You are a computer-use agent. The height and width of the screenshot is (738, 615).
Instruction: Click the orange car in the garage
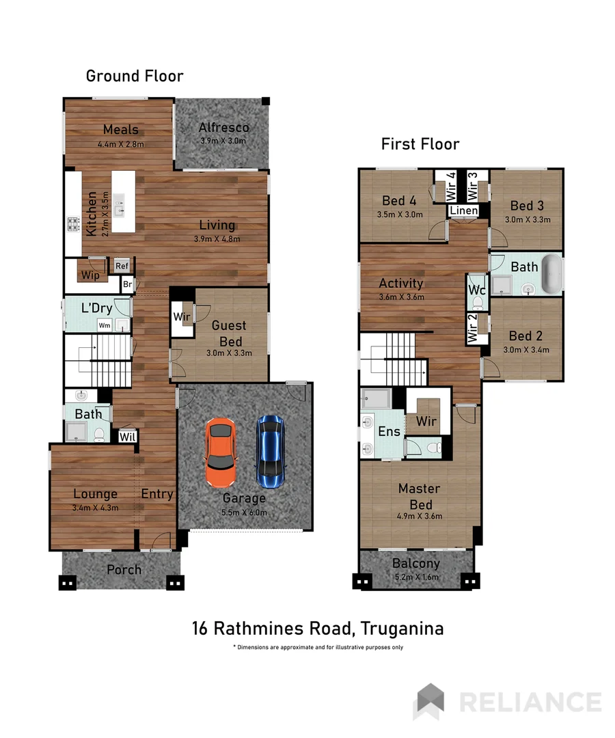pos(221,453)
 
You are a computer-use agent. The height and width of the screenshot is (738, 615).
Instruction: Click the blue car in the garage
pos(271,452)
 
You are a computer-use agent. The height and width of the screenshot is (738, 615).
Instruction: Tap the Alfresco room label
pos(223,128)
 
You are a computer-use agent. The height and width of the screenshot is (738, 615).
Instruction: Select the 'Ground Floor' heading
pos(135,76)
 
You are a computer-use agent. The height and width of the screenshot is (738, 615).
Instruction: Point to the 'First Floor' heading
pos(420,144)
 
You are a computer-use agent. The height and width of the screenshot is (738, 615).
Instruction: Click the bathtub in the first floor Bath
pos(551,274)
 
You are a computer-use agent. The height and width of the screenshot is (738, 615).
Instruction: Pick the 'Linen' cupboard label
pos(464,210)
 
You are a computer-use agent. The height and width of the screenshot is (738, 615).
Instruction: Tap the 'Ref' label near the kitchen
pos(122,266)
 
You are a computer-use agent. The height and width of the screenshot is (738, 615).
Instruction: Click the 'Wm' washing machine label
pos(105,325)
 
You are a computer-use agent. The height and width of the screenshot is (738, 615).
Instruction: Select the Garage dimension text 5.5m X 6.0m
pos(244,512)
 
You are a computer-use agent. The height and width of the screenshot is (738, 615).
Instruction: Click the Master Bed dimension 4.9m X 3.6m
pos(420,516)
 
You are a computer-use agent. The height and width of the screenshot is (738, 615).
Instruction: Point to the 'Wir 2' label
pos(472,328)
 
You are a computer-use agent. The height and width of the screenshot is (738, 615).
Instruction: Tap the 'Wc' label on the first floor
pos(477,290)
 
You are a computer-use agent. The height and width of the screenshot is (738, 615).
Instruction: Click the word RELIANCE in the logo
pos(530,702)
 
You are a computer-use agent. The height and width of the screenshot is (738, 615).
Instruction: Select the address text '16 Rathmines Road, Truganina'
pos(318,629)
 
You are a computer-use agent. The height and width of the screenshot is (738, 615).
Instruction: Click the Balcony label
pos(416,563)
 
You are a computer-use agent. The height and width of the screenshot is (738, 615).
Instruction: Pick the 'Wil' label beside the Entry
pos(128,437)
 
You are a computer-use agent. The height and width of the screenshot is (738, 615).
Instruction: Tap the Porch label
pos(124,569)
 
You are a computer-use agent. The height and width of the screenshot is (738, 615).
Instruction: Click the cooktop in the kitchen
pos(73,224)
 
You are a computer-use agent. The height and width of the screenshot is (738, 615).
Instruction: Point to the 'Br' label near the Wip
pos(128,284)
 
